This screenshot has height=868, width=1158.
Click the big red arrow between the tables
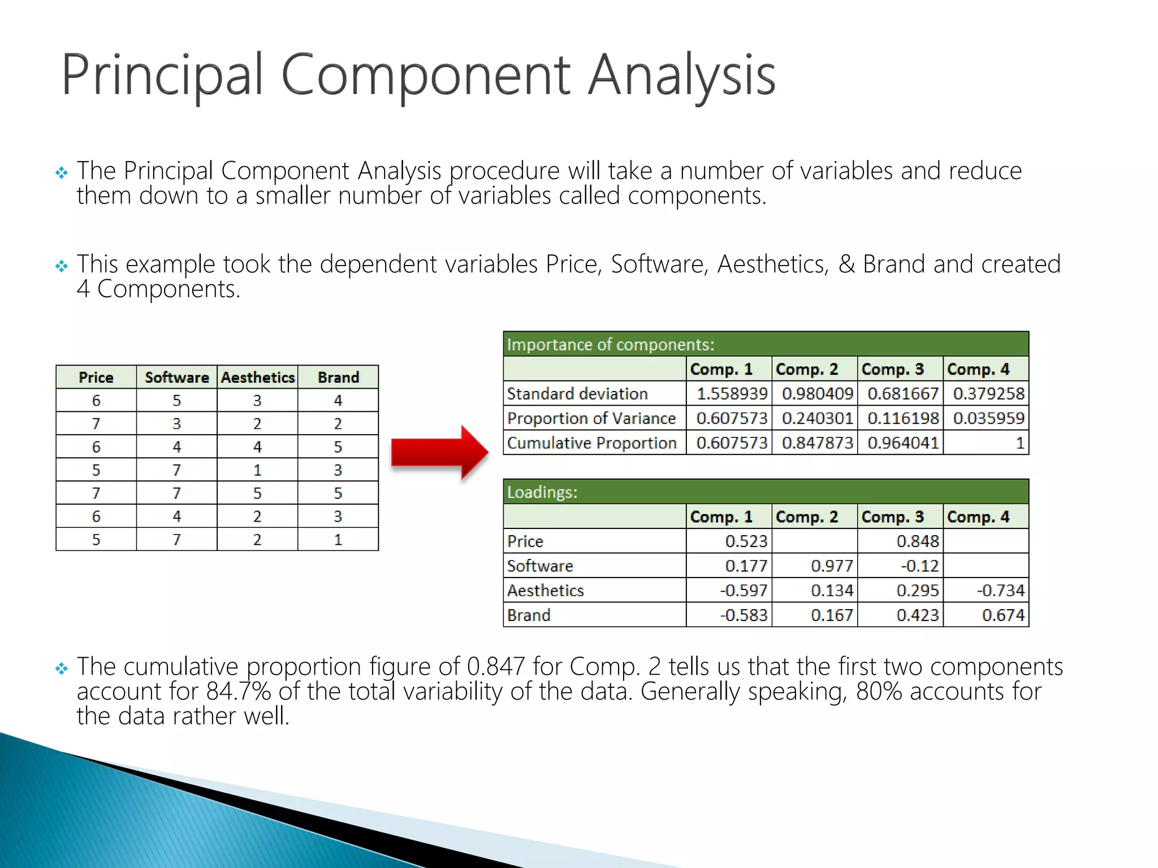438,453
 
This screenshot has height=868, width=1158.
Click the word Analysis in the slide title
681,75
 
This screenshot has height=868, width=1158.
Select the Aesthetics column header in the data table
258,377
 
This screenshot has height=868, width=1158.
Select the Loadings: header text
542,492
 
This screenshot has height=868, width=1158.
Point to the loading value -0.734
1000,591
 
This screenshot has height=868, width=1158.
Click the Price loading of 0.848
917,541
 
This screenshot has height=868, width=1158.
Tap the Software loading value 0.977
832,566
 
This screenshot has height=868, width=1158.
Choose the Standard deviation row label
577,394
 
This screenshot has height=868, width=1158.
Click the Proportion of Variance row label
591,418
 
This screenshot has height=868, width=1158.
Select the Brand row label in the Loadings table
529,615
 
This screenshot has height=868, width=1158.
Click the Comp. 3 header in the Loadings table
892,517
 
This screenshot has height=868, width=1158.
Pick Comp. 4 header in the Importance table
978,369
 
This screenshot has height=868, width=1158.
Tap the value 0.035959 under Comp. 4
988,418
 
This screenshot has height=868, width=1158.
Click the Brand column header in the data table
338,377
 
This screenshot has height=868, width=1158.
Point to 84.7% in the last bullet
238,691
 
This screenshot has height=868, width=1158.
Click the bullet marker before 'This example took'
62,266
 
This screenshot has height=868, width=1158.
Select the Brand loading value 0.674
1003,615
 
